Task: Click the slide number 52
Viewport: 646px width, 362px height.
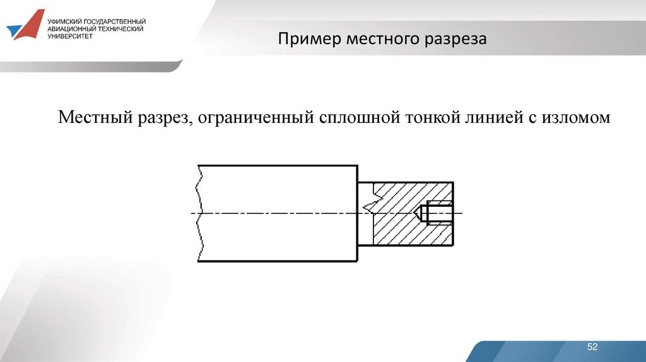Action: (x=592, y=347)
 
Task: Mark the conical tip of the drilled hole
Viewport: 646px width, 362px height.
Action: (x=420, y=213)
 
